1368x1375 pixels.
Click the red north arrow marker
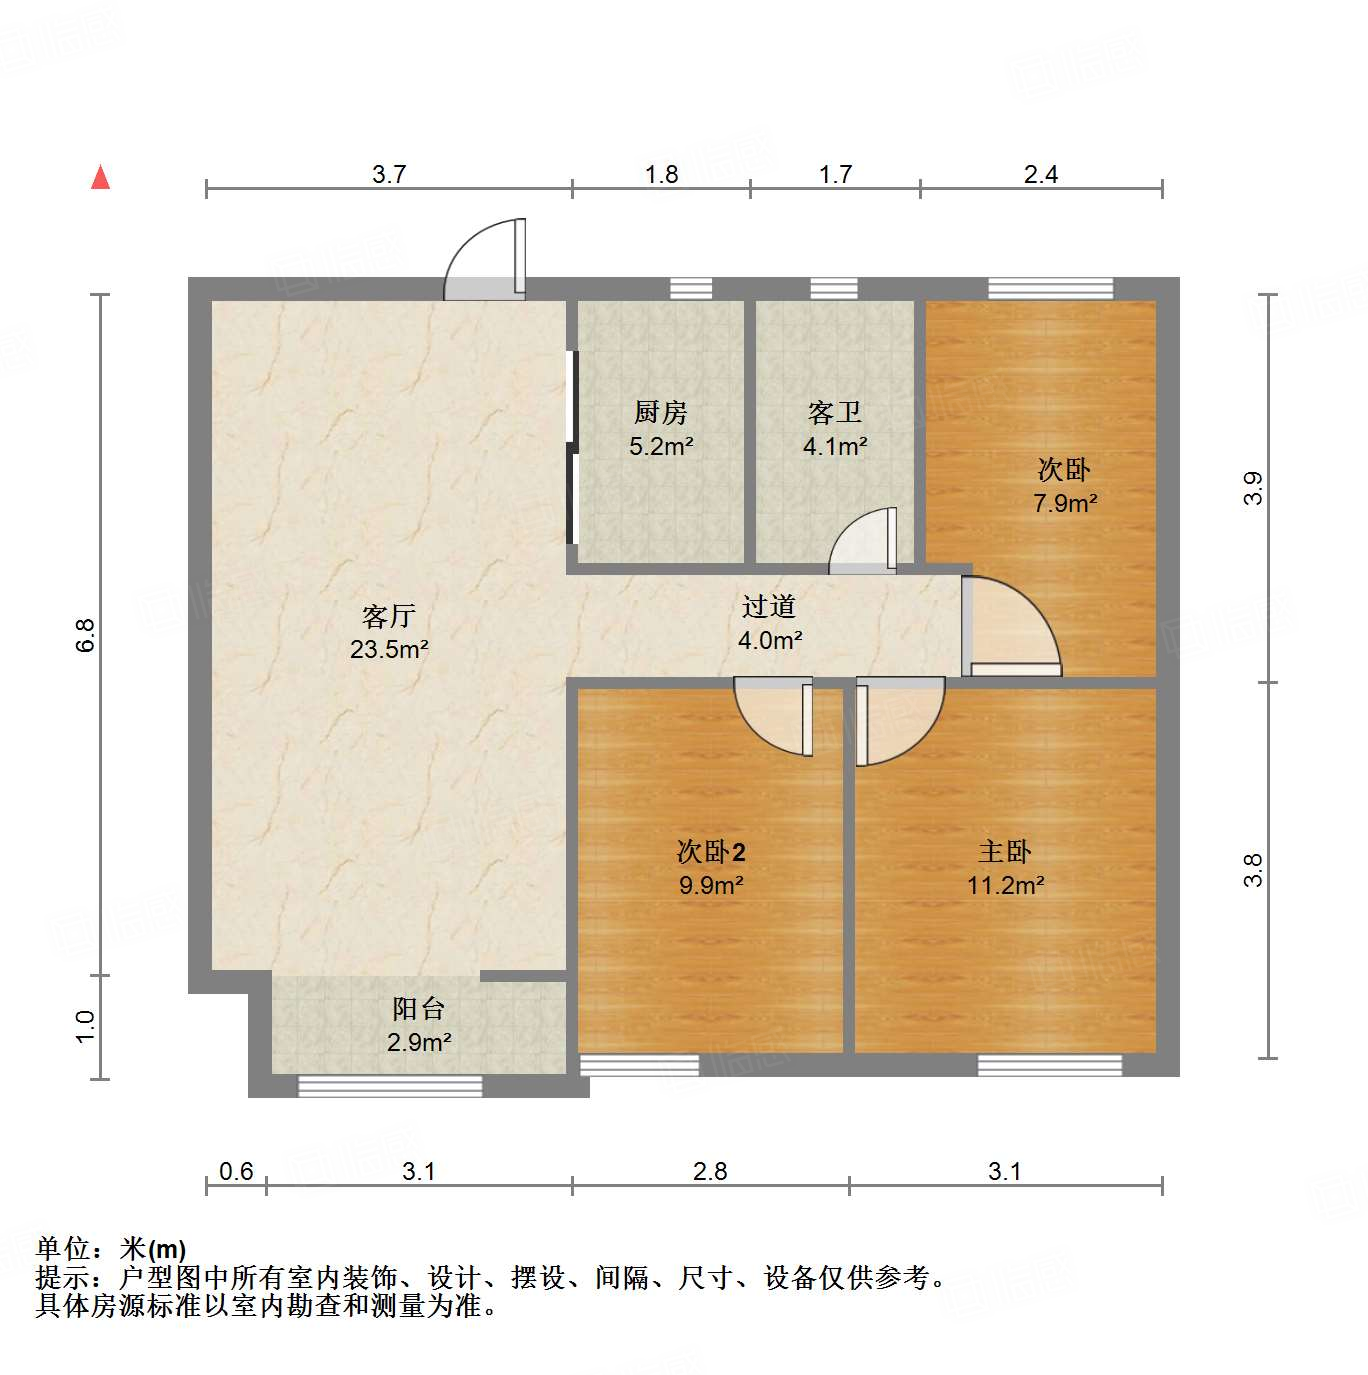(100, 177)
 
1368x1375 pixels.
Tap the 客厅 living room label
(389, 616)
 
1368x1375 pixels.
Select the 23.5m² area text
(389, 649)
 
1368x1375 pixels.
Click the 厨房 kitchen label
(661, 412)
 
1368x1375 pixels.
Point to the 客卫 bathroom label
(835, 412)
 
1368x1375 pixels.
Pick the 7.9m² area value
(1065, 503)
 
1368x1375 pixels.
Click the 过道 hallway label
(769, 606)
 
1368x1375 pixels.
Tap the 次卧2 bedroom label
(711, 852)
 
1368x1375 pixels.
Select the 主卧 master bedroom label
(1005, 852)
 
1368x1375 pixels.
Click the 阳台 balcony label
(418, 1008)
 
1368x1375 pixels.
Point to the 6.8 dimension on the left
(86, 635)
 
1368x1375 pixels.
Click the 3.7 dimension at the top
(389, 174)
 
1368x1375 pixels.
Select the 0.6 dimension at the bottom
(236, 1171)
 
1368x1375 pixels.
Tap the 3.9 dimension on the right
(1253, 488)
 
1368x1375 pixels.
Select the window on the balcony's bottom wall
(390, 1087)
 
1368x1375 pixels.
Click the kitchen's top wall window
(690, 288)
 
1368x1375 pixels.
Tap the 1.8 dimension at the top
(661, 174)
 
